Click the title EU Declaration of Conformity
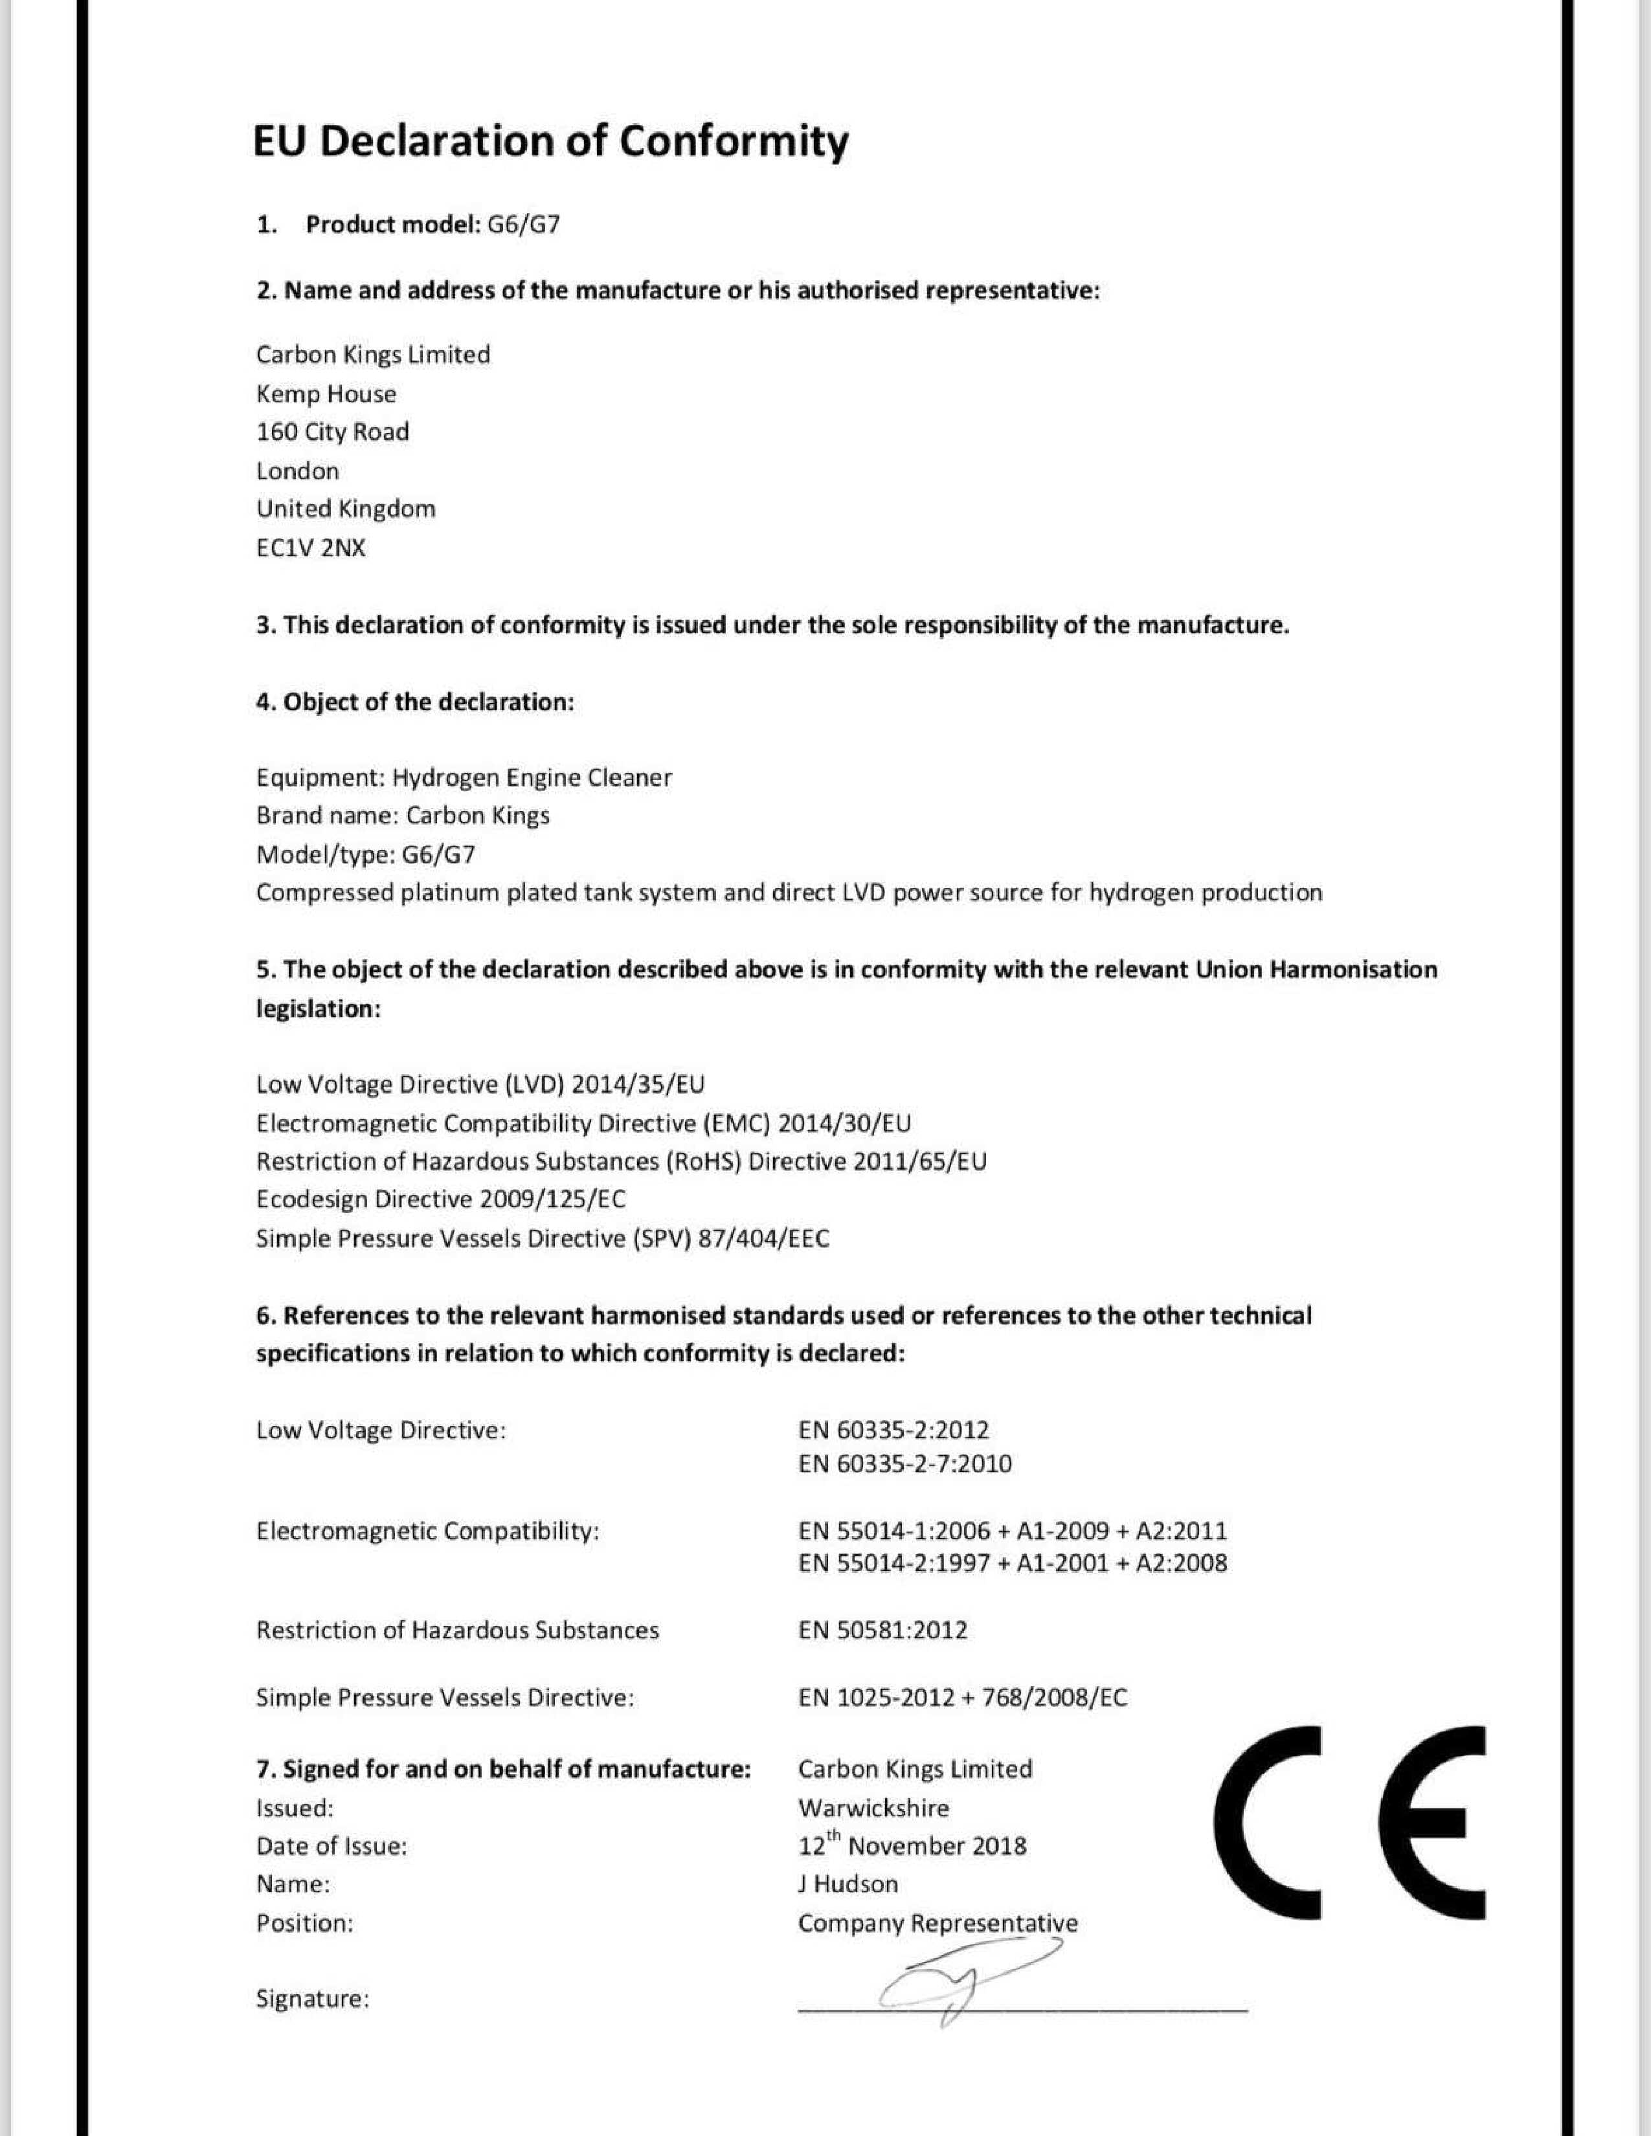[x=551, y=141]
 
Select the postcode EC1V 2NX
[x=310, y=548]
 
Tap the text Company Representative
[x=937, y=1923]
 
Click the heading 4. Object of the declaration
[x=415, y=702]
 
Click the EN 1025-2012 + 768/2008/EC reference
[x=962, y=1697]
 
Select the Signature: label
[x=312, y=1998]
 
